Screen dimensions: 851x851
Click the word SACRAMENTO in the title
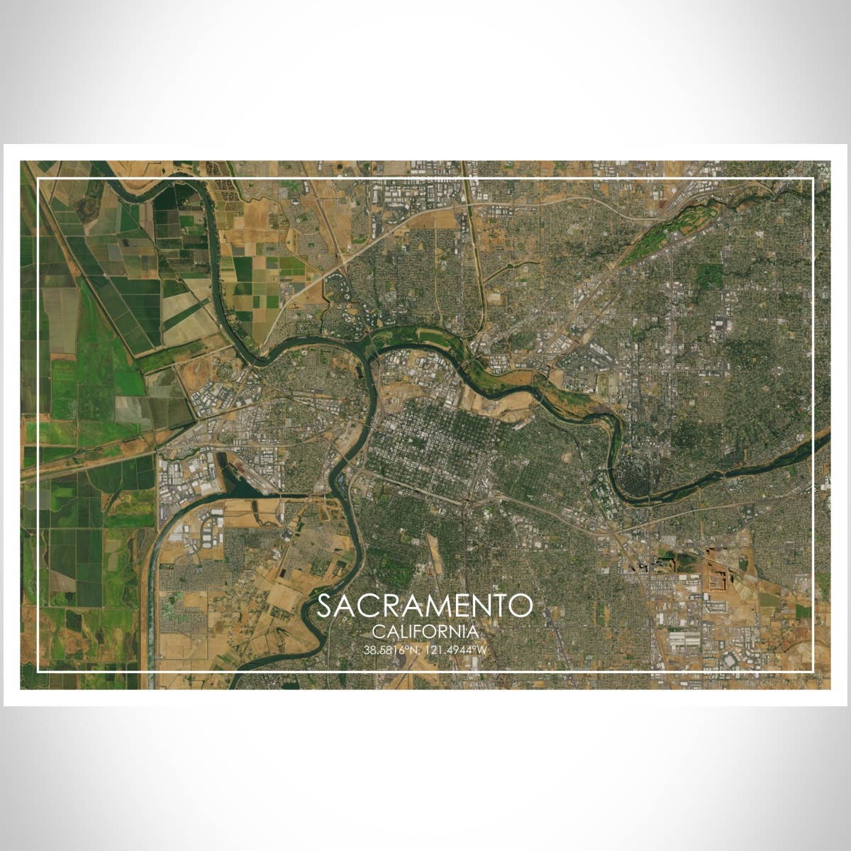coord(424,606)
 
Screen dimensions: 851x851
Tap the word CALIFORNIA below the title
coord(425,630)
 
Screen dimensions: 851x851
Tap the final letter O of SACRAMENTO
coord(522,606)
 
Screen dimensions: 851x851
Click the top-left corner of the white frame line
coord(38,179)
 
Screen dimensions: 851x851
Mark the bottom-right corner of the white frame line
coord(813,671)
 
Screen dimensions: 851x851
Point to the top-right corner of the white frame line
coord(813,179)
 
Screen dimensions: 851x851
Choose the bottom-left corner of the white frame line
coord(38,671)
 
